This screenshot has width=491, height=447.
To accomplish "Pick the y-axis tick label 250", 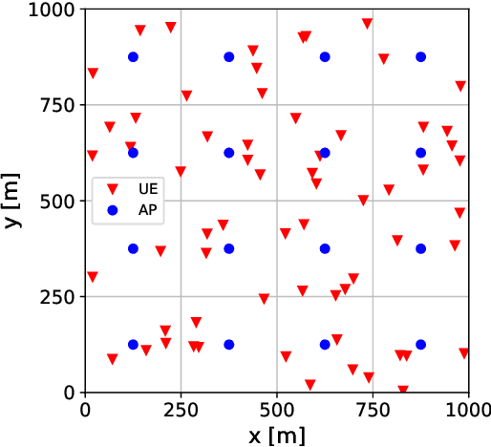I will pyautogui.click(x=60, y=296).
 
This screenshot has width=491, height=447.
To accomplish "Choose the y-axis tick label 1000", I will pyautogui.click(x=55, y=10).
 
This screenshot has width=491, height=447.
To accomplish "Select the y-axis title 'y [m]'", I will pyautogui.click(x=12, y=201).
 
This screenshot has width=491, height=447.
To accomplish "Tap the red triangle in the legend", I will pyautogui.click(x=112, y=190).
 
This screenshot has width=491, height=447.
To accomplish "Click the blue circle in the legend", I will pyautogui.click(x=112, y=209).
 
